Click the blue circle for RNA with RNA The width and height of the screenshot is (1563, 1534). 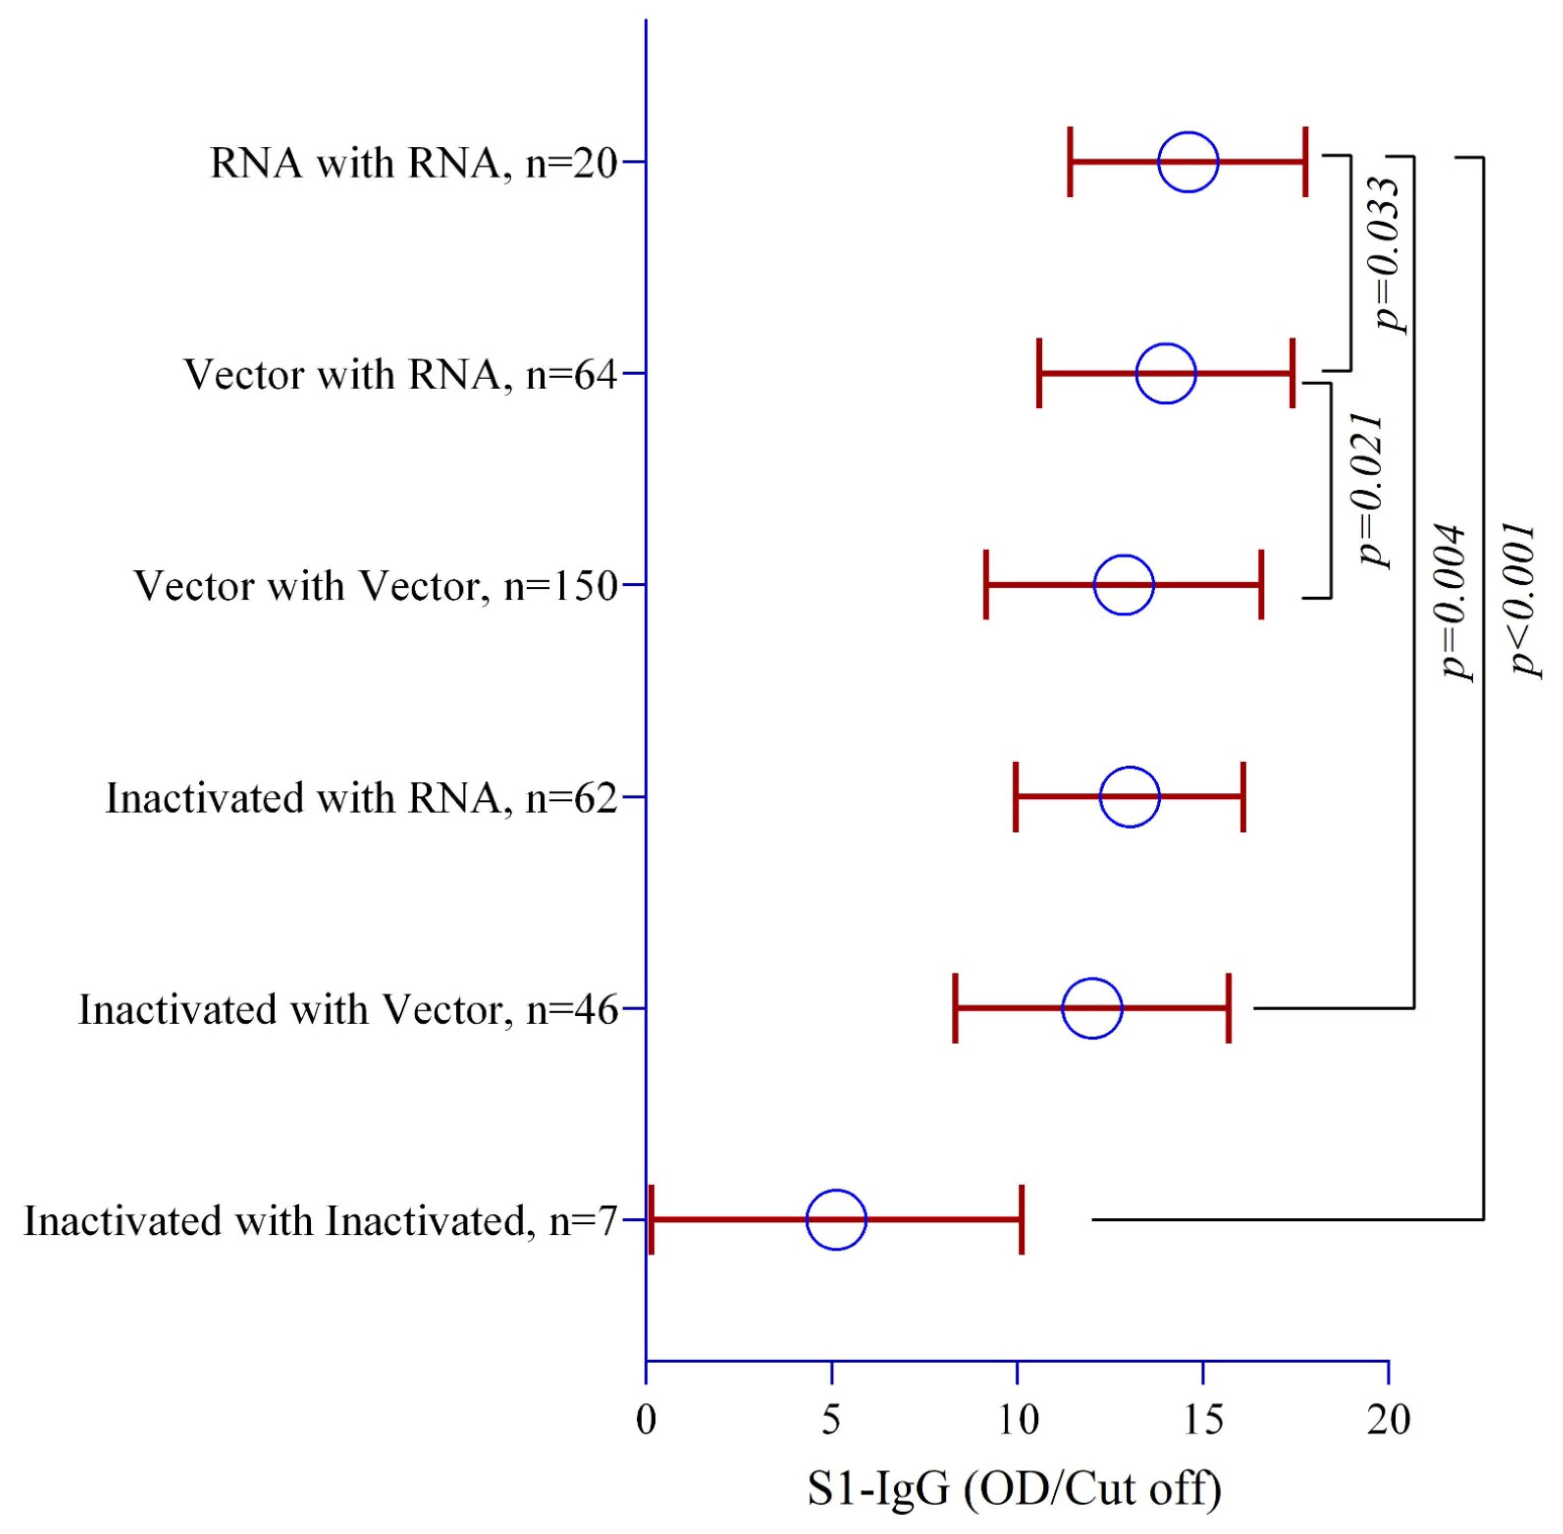pyautogui.click(x=1188, y=162)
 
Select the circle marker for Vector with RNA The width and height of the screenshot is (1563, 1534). pyautogui.click(x=1165, y=374)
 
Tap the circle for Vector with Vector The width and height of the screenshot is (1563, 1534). pyautogui.click(x=1123, y=585)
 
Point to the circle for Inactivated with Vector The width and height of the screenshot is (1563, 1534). pyautogui.click(x=1091, y=1008)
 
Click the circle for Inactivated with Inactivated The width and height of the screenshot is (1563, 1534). pyautogui.click(x=836, y=1220)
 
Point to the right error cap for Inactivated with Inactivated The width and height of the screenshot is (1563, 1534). pyautogui.click(x=1021, y=1220)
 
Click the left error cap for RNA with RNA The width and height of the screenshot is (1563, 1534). pyautogui.click(x=1069, y=162)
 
